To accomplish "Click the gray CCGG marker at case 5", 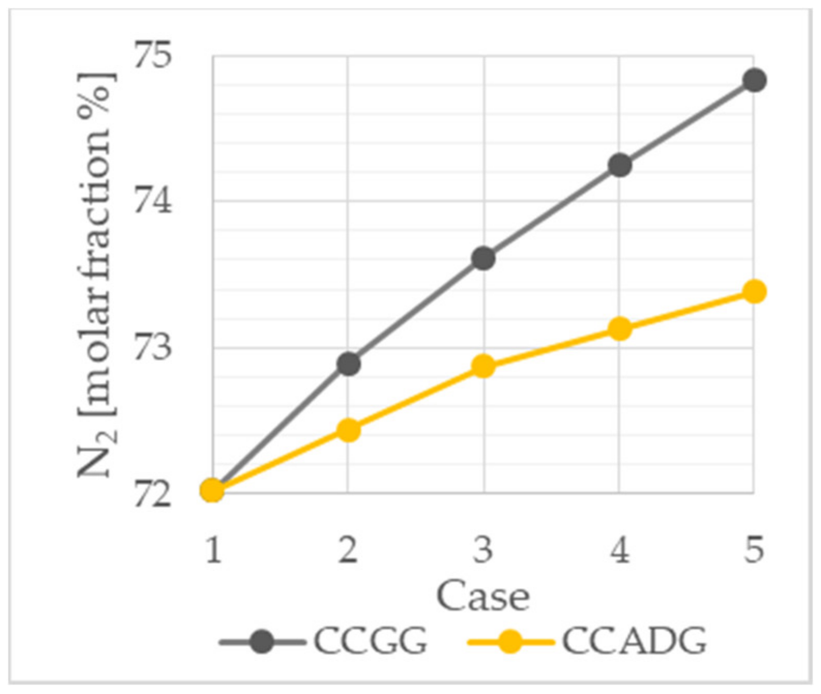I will [x=754, y=80].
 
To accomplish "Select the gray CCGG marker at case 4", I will [x=620, y=165].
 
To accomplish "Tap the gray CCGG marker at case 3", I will [x=483, y=258].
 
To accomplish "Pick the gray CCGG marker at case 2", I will [x=348, y=364].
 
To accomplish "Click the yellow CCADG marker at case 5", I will [x=754, y=292].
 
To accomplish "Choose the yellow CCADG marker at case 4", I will [x=620, y=328].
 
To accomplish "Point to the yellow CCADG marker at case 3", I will [x=483, y=366].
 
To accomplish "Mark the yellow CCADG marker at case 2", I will [x=348, y=430].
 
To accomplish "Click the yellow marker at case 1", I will [x=212, y=489].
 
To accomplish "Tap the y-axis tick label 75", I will [x=152, y=55].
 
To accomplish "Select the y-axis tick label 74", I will [x=152, y=201].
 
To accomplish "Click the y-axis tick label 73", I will [x=152, y=347].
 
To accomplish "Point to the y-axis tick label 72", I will [x=152, y=494].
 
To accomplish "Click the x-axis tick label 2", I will [x=348, y=550].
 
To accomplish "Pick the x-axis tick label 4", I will [x=620, y=550].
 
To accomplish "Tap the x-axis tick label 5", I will [x=754, y=550].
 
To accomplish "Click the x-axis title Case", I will [x=483, y=597].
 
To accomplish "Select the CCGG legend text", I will [x=371, y=641].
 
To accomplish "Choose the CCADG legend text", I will [x=634, y=641].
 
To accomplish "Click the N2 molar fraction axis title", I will [x=97, y=274].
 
